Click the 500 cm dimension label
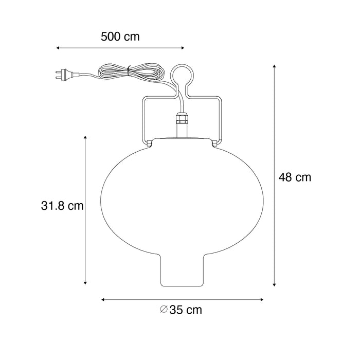(x=120, y=37)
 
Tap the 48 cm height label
(x=295, y=177)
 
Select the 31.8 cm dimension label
(x=62, y=206)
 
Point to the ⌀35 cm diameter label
(x=181, y=310)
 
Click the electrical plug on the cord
(x=62, y=76)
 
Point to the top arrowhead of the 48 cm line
(x=275, y=66)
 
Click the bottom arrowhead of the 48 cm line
(x=275, y=284)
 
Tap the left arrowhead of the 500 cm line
(x=58, y=48)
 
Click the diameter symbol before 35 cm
(x=163, y=310)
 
